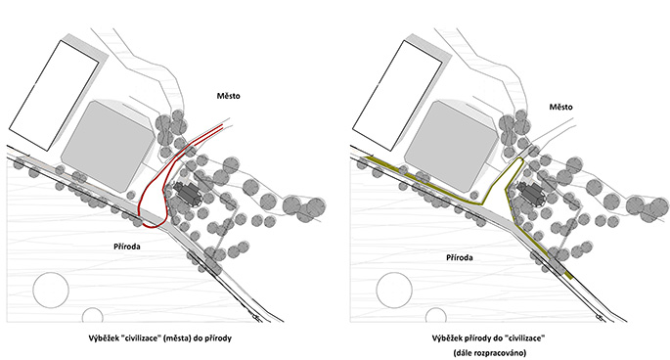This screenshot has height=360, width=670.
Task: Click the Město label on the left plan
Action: point(228,96)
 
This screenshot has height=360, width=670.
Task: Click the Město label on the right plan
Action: point(560,107)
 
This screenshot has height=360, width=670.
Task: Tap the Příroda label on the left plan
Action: point(127,247)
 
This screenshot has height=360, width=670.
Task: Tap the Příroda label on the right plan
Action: point(460,258)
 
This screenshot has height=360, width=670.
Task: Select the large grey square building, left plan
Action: point(107,147)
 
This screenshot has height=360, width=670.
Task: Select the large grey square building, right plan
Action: point(450,147)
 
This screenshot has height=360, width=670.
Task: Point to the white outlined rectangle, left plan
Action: point(54,95)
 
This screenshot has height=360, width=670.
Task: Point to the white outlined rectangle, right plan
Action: point(397,95)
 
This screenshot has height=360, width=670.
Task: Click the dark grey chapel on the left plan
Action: point(187,195)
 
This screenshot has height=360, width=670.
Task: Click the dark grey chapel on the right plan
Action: point(530,195)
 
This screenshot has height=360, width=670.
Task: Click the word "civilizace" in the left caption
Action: point(139,338)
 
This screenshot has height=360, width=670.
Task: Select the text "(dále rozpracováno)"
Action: point(490,353)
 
